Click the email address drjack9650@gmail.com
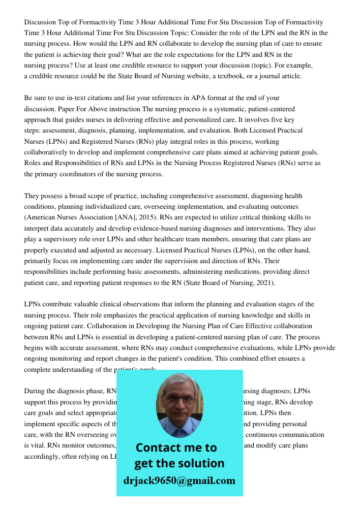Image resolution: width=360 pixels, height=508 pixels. [179, 481]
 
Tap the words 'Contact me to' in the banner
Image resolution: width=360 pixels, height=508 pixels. [176, 448]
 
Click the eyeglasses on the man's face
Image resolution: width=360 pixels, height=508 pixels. [179, 399]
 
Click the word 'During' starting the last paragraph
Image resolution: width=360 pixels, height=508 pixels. [35, 391]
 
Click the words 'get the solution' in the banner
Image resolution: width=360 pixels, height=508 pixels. [179, 463]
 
